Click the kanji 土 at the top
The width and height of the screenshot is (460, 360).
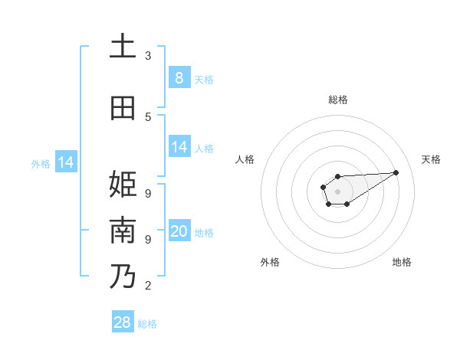pos(122,47)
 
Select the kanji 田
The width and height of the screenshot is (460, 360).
pos(122,108)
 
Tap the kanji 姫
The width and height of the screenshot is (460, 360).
pos(122,185)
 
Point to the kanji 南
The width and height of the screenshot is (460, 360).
pos(122,231)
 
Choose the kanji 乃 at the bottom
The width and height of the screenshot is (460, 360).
pos(122,277)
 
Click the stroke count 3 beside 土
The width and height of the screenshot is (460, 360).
pos(148,56)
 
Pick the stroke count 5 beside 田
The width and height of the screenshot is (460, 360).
pos(148,116)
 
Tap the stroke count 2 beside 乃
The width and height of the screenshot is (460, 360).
pos(148,286)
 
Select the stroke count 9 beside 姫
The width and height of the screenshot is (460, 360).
pos(148,194)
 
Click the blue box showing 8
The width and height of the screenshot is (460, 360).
pos(179,77)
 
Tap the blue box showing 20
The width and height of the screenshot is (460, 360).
pos(179,231)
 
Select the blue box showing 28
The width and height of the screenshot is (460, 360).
pos(123,322)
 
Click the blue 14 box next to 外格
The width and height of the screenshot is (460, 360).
pos(66,162)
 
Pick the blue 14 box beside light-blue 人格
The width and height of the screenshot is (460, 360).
pos(179,147)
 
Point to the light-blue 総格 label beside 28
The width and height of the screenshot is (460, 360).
pos(147,324)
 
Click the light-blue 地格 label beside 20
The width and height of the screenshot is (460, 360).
pos(204,232)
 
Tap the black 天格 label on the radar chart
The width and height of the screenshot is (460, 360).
pos(431,159)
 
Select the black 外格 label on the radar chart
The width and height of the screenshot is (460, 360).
pos(270,262)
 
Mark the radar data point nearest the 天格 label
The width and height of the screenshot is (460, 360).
pos(396,172)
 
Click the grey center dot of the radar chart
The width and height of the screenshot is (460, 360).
pos(337,191)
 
